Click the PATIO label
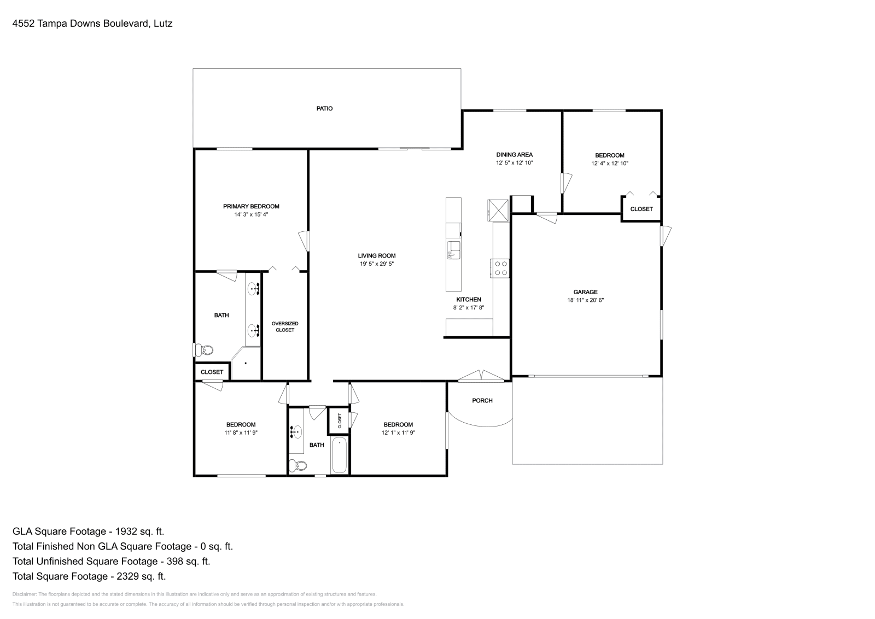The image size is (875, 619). (324, 109)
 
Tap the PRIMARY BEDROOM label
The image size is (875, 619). (251, 206)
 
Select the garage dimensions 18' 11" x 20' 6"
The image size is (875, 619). (585, 300)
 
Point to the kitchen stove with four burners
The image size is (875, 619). (500, 268)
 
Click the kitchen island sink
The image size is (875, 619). (453, 250)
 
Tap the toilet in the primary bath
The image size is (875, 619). (203, 349)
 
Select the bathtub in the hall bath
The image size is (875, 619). (339, 455)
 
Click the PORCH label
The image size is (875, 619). (482, 400)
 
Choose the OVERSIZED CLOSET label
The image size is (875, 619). (285, 326)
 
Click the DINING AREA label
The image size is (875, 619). (514, 155)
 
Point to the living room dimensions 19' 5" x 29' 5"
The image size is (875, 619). (377, 264)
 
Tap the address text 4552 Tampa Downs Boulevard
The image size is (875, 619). (80, 24)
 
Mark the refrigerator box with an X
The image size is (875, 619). (498, 210)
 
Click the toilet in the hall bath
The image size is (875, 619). (297, 465)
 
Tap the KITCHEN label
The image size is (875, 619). (468, 300)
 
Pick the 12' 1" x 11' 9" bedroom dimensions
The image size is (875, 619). (398, 433)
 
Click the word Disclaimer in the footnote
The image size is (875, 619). (24, 594)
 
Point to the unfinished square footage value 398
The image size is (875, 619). (174, 561)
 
